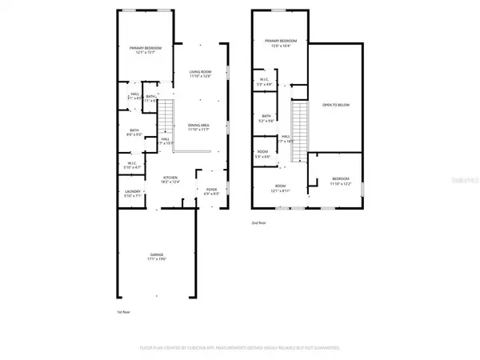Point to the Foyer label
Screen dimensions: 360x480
click(x=211, y=191)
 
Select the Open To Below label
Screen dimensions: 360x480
click(x=336, y=105)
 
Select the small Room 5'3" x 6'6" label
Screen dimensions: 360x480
click(x=262, y=154)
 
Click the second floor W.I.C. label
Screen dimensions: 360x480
click(x=263, y=82)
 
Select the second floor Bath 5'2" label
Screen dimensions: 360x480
click(x=266, y=118)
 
